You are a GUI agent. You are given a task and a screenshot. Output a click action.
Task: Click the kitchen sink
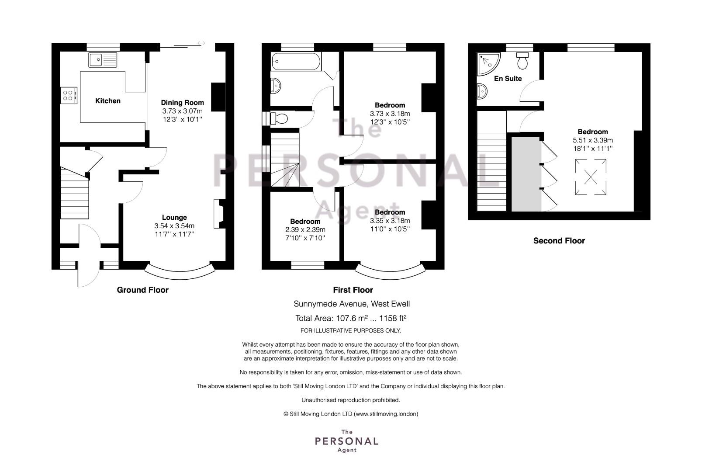(103, 60)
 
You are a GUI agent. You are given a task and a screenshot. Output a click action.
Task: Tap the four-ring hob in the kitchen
(69, 95)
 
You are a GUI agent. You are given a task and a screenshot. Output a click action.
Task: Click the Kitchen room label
(108, 101)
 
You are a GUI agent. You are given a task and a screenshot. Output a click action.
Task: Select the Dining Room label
(183, 103)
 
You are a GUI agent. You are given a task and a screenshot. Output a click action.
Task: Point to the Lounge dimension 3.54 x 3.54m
(174, 226)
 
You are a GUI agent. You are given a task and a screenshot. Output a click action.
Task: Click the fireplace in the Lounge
(219, 214)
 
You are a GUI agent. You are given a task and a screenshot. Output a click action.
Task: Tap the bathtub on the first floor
(296, 62)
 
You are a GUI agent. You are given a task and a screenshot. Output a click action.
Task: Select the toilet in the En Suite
(522, 60)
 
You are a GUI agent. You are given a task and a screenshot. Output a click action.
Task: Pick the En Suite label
(508, 79)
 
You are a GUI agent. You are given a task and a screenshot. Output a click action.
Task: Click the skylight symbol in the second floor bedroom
(591, 177)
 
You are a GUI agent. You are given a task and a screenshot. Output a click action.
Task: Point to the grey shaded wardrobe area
(526, 174)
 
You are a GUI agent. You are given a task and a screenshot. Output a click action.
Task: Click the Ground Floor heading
(142, 290)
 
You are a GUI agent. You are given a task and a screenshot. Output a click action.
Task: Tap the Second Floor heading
(559, 241)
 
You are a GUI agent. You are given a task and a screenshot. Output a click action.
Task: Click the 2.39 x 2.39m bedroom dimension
(305, 230)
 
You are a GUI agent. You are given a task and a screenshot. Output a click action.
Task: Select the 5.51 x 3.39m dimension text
(593, 140)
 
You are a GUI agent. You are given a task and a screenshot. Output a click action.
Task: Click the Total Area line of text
(351, 318)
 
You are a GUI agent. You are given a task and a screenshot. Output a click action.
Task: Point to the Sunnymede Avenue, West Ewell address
(352, 304)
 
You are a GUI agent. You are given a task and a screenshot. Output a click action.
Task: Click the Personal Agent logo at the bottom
(346, 441)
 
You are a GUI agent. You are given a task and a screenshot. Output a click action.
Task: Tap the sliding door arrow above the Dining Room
(201, 43)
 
